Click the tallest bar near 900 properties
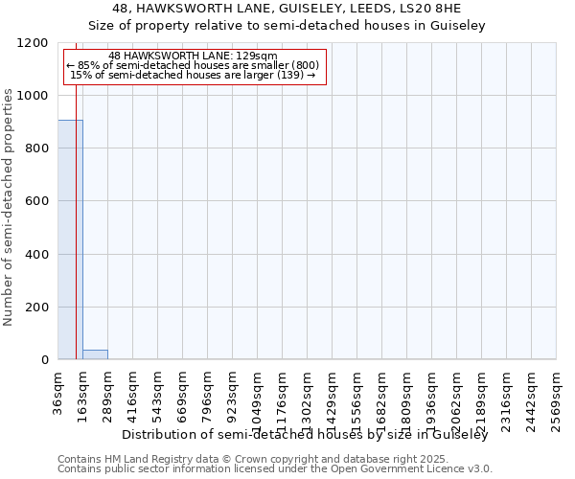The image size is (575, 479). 70,239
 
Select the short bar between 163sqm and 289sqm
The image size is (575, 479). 95,354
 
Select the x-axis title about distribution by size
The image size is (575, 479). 306,435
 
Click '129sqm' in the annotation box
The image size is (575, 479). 261,56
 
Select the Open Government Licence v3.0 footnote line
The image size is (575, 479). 275,469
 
